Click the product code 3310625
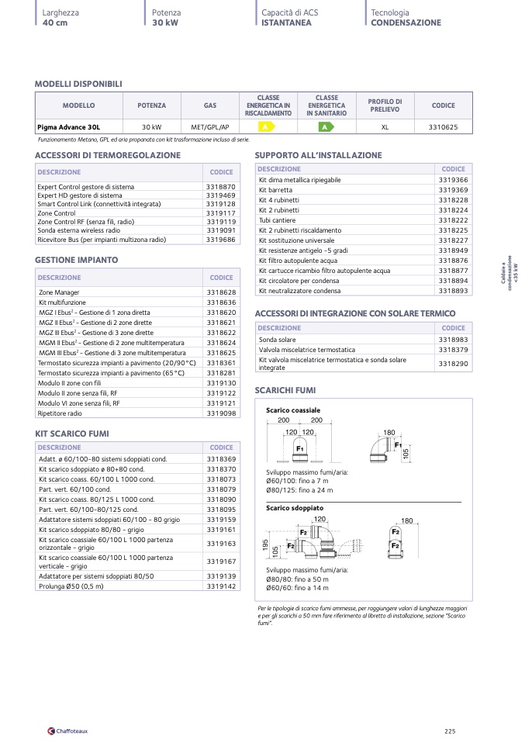(x=444, y=126)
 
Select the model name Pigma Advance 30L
(x=69, y=126)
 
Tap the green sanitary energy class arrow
(x=326, y=126)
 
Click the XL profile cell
(x=385, y=126)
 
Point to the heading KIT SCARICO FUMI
(x=72, y=433)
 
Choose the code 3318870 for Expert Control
(x=221, y=187)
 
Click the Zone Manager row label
(x=59, y=292)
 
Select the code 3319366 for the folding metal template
(x=453, y=180)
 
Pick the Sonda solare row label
(x=277, y=340)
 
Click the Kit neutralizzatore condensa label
(x=299, y=291)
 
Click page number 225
(x=450, y=730)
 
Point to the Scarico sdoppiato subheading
(x=295, y=508)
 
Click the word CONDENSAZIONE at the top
(x=406, y=22)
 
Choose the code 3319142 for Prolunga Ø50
(x=221, y=587)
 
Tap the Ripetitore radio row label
(x=60, y=413)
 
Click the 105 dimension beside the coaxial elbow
(x=406, y=453)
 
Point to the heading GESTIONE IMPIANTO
(x=77, y=260)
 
